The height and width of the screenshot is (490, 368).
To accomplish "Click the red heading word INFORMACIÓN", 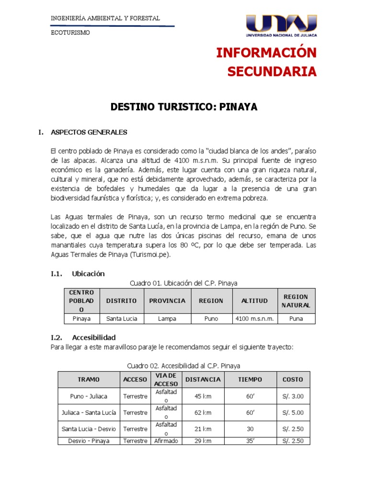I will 266,53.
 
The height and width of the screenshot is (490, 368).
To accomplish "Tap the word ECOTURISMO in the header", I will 70,33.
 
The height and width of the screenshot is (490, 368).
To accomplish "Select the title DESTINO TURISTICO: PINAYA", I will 184,107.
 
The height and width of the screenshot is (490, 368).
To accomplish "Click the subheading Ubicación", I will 88,274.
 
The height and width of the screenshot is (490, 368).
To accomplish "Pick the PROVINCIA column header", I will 167,301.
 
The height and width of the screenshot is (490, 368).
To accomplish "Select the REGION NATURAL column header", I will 296,301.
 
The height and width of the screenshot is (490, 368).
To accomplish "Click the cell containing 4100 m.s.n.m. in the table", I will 254,319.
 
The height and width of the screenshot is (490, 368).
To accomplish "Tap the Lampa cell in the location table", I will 167,319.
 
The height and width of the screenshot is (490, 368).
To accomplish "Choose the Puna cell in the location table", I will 296,319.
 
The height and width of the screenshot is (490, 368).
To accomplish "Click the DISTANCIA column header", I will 203,379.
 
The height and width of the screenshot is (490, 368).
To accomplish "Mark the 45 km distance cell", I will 203,396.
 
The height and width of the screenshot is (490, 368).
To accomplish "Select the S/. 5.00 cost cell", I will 293,412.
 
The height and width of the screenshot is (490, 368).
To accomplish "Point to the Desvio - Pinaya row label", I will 89,441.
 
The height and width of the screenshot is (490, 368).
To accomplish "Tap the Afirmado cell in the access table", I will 166,441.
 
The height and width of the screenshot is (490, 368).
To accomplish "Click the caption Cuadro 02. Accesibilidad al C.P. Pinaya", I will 184,366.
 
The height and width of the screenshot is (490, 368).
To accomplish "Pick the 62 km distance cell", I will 203,412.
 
